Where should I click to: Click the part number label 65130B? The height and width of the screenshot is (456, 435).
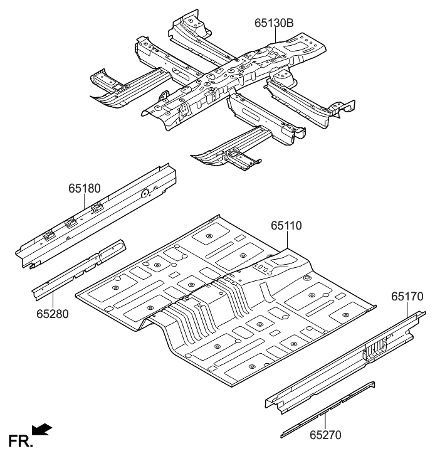click(x=274, y=24)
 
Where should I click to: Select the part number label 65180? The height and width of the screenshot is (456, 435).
click(x=85, y=188)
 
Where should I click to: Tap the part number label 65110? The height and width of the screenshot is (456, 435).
click(x=286, y=225)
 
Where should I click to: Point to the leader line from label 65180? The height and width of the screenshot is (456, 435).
click(x=86, y=202)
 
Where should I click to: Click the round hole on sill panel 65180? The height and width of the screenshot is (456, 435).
click(x=144, y=193)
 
